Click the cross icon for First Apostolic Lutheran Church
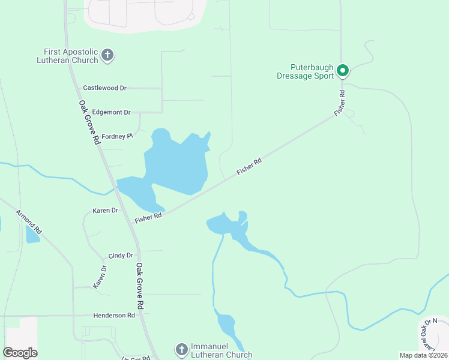click(x=107, y=56)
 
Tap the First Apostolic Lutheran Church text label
click(x=70, y=56)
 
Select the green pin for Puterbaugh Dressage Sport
click(x=343, y=71)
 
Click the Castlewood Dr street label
click(x=104, y=88)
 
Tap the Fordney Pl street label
click(x=116, y=136)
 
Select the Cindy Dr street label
click(x=121, y=256)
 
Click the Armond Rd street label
click(x=29, y=221)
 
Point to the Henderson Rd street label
click(x=114, y=315)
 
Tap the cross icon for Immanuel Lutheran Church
click(x=181, y=349)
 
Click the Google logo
click(x=20, y=353)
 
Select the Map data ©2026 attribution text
click(x=423, y=355)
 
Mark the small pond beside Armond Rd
click(x=32, y=235)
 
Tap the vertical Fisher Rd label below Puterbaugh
click(x=341, y=102)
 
